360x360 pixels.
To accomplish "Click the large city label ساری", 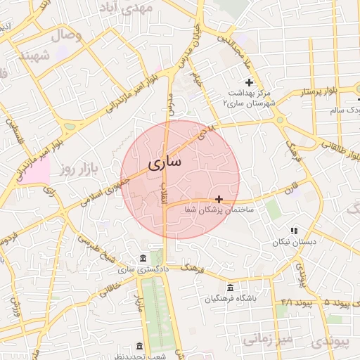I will click(x=165, y=163).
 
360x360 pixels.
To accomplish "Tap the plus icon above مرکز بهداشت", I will click(x=249, y=83).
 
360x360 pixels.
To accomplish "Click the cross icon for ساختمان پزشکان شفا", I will click(x=220, y=200).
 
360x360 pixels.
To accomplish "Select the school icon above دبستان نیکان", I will click(x=295, y=231).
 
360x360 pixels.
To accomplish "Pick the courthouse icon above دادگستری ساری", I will click(x=143, y=258).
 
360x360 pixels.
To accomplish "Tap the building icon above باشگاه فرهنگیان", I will click(x=231, y=287).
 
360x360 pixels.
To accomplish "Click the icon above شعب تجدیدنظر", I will click(x=139, y=347).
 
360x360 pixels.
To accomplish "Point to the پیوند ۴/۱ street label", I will click(x=295, y=301).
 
